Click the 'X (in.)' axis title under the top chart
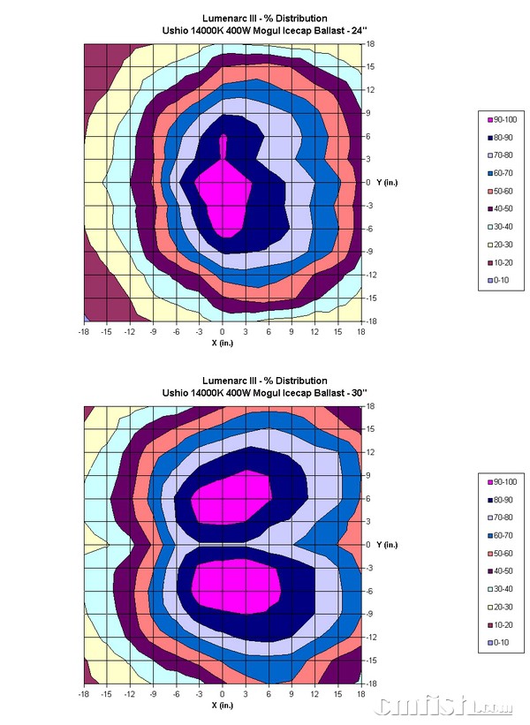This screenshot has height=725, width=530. pos(223,344)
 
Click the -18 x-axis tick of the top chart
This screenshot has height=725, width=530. pos(84,333)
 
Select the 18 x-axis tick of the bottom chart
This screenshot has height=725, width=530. pos(361,694)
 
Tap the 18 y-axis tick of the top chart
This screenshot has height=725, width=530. pos(372,43)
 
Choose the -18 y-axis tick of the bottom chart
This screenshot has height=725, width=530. pos(372,683)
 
